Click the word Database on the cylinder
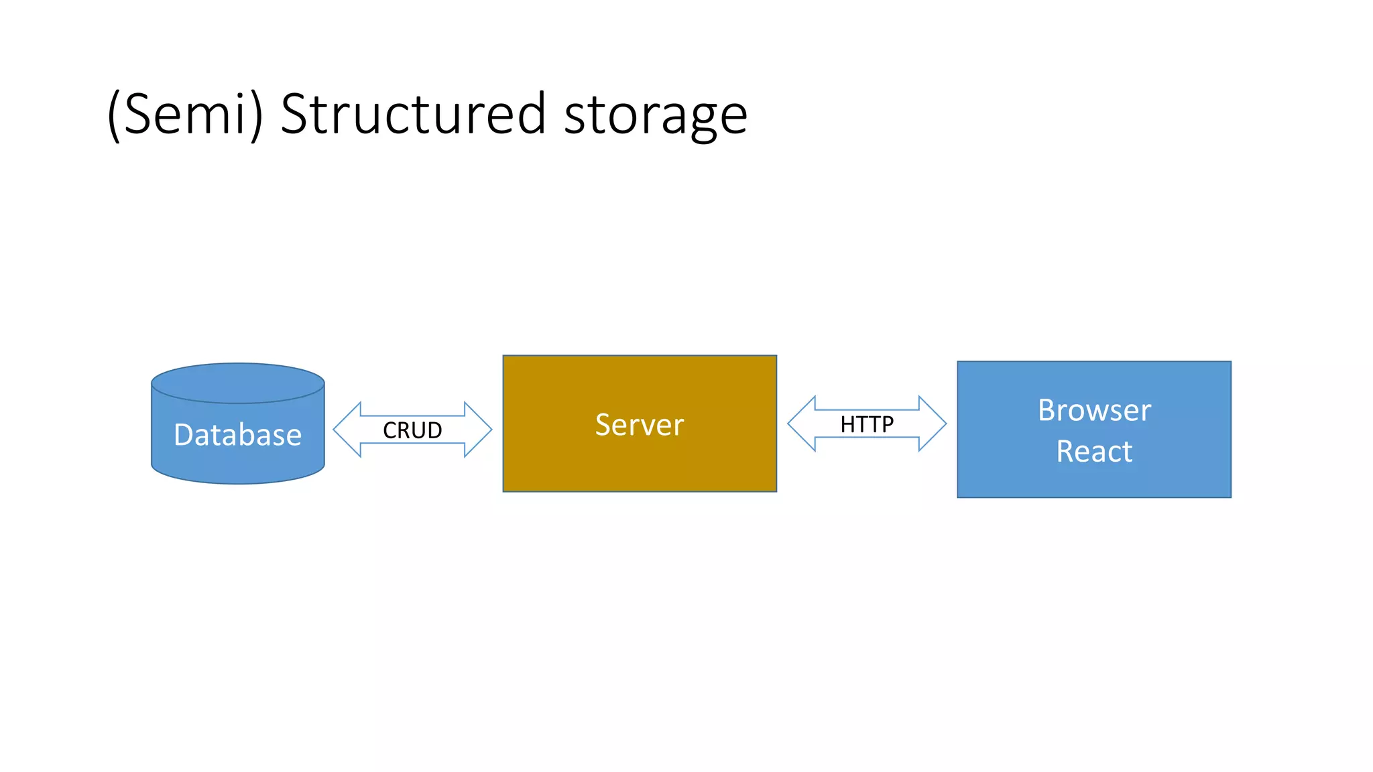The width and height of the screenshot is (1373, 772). pyautogui.click(x=237, y=435)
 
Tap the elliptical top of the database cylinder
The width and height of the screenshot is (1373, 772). pyautogui.click(x=237, y=383)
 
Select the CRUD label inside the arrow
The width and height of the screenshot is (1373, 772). pyautogui.click(x=412, y=430)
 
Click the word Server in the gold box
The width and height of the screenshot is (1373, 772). pyautogui.click(x=640, y=425)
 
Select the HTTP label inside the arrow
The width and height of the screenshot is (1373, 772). pyautogui.click(x=867, y=424)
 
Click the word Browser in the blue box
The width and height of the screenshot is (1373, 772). pyautogui.click(x=1094, y=410)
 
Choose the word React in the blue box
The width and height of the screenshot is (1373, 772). pyautogui.click(x=1094, y=452)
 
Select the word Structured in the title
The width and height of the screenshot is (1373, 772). pyautogui.click(x=413, y=114)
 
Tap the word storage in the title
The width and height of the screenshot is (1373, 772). pyautogui.click(x=655, y=115)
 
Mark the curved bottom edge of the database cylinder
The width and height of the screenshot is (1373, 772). pyautogui.click(x=237, y=482)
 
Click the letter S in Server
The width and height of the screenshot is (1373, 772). pyautogui.click(x=603, y=425)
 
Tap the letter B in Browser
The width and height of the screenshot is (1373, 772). pyautogui.click(x=1047, y=410)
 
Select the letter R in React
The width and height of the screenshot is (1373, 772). pyautogui.click(x=1066, y=452)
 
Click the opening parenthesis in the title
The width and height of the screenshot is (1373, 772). pyautogui.click(x=114, y=115)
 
